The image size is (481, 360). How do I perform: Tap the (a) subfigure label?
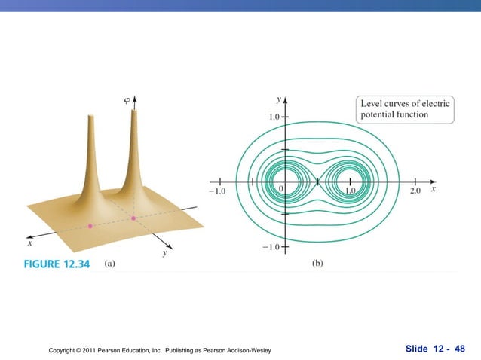[x=109, y=264]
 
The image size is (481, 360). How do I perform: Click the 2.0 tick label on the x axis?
[x=416, y=191]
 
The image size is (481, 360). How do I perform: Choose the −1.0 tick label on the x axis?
[x=216, y=191]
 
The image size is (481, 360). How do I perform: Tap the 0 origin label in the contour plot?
[x=281, y=188]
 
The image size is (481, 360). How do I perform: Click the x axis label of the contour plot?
[x=434, y=191]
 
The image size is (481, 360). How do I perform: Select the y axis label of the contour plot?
[x=279, y=99]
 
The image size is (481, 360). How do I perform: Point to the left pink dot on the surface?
[x=90, y=225]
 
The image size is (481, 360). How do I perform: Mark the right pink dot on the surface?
[x=133, y=218]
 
